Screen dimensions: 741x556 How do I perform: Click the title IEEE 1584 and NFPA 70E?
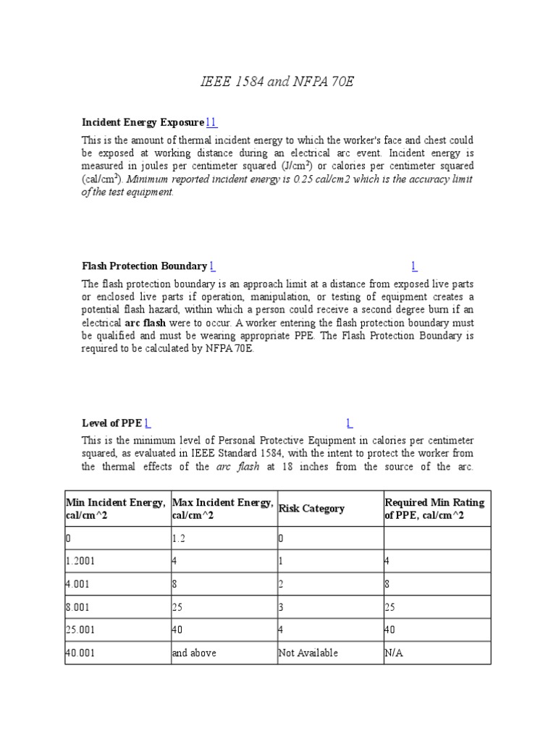277,82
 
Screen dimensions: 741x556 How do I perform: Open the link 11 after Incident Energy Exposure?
211,122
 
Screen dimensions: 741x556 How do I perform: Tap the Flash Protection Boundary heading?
145,266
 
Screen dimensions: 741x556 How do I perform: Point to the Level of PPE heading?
111,423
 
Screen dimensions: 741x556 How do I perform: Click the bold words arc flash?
145,323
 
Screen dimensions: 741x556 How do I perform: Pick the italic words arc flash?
234,467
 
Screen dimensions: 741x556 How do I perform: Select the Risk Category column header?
311,509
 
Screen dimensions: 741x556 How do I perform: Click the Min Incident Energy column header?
116,509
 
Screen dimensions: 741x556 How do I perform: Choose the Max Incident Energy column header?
222,509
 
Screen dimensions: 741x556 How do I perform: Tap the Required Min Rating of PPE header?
434,509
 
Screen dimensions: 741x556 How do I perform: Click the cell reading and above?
193,653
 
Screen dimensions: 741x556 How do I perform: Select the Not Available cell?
308,653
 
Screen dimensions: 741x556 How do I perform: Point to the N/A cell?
395,653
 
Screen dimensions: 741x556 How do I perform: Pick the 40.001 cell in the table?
80,653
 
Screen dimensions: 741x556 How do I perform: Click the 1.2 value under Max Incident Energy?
180,539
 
